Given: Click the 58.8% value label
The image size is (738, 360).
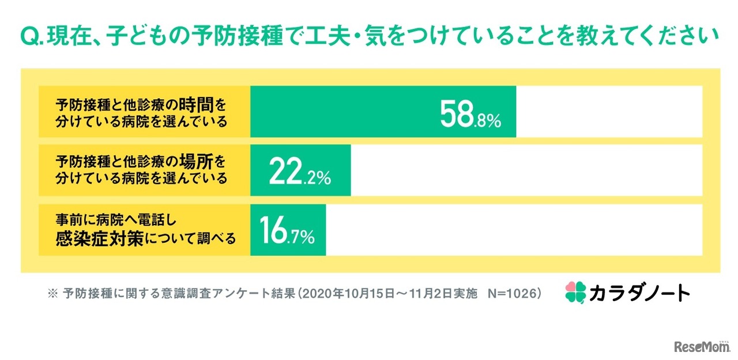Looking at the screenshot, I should coord(470,115).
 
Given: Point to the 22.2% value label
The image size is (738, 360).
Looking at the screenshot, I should coord(300,174).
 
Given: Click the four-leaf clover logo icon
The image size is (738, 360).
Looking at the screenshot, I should coord(575,292).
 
